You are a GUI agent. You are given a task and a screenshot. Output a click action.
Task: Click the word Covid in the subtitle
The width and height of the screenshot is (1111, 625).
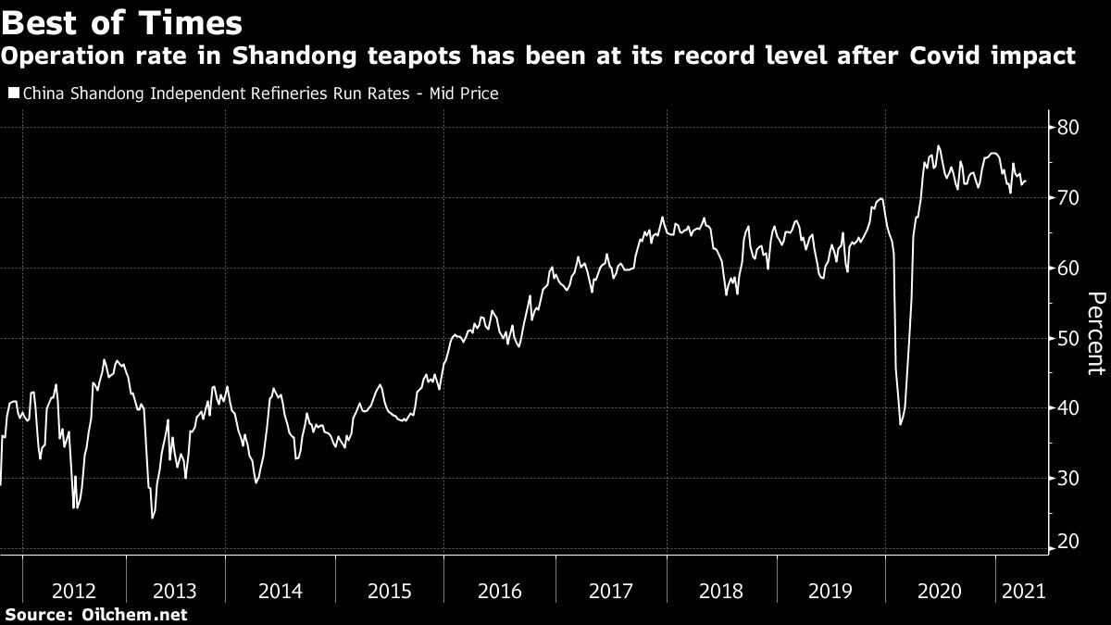(958, 57)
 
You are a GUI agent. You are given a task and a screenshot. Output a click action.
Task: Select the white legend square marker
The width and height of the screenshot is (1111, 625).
(12, 94)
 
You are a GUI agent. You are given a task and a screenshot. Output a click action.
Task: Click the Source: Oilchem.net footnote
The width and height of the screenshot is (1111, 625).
(96, 615)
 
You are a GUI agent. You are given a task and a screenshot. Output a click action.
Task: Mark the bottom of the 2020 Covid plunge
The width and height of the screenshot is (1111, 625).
(901, 424)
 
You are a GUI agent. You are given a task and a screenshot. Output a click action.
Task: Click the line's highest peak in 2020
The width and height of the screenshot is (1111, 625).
(939, 146)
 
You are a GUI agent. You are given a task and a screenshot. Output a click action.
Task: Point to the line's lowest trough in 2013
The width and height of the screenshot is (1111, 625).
(152, 518)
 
